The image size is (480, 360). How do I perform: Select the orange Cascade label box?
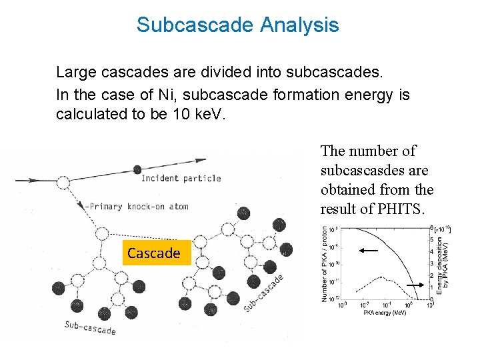(153, 253)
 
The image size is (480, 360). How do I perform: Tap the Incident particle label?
(181, 178)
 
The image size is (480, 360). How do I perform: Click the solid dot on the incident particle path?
(137, 169)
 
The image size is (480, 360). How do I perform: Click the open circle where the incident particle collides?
(63, 182)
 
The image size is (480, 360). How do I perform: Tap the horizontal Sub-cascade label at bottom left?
(90, 327)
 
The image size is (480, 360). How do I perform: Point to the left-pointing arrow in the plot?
(369, 251)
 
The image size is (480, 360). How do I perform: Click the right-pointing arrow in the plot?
(415, 285)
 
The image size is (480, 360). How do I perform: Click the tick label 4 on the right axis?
(431, 251)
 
